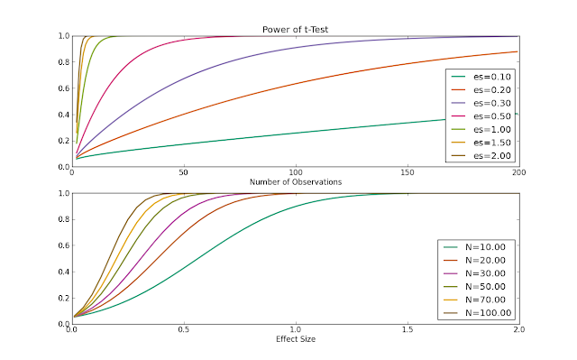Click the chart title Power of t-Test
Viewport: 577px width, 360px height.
295,30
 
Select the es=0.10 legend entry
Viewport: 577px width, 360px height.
481,77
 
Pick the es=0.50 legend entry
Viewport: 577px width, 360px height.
481,116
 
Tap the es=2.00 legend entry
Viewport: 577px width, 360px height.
481,156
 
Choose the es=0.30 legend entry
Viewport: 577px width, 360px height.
481,103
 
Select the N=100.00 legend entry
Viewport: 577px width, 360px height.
477,313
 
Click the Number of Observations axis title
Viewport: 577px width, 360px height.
296,182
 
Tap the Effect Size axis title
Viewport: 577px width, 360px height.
296,339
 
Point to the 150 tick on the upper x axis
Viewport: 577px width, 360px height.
408,172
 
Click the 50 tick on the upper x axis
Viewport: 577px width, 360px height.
184,172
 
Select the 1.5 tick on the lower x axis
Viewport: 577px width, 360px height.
408,329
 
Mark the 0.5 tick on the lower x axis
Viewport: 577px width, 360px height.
184,329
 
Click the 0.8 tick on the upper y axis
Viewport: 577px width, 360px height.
64,62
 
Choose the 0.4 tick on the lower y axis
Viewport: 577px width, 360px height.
64,272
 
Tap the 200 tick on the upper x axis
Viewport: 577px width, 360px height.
519,172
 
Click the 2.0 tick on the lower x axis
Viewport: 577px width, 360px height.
519,329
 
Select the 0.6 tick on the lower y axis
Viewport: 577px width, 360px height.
64,245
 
